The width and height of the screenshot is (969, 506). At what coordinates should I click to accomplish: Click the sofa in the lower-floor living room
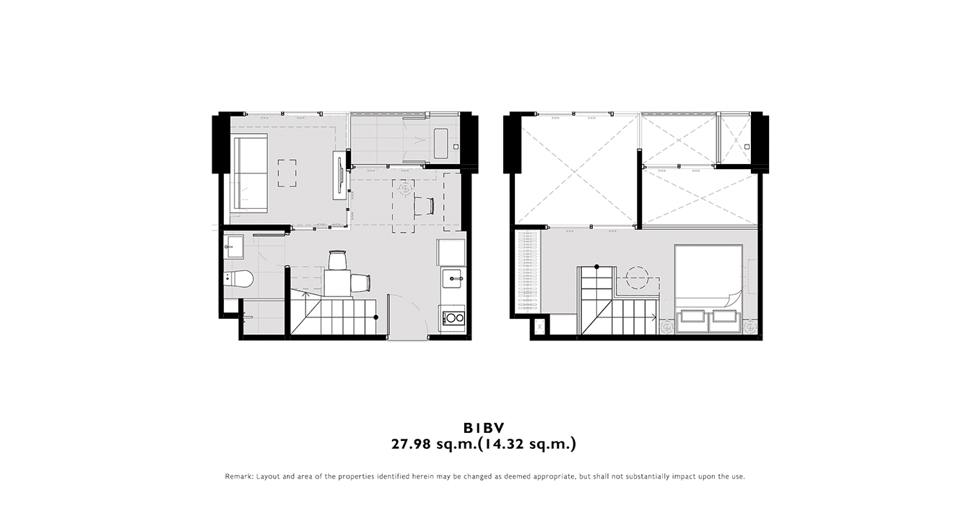[x=251, y=173]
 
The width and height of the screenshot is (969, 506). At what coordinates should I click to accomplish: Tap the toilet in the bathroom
[x=238, y=278]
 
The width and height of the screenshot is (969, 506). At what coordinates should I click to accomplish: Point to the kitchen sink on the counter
[x=453, y=278]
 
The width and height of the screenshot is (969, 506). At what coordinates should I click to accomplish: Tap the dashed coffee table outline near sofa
[x=287, y=173]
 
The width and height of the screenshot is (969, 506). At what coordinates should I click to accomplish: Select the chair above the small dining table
[x=338, y=260]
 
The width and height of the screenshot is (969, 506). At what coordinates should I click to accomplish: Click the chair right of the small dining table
[x=360, y=283]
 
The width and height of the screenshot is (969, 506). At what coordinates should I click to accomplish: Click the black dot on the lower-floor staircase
[x=376, y=317]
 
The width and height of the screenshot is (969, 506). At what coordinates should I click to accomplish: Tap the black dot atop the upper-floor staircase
[x=596, y=267]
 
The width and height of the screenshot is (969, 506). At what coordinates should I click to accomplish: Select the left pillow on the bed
[x=692, y=317]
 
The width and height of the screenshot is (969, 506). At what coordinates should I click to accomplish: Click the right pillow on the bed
[x=724, y=317]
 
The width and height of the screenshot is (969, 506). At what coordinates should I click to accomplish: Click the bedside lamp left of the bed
[x=667, y=326]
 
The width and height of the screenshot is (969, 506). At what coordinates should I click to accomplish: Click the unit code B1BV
[x=484, y=429]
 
